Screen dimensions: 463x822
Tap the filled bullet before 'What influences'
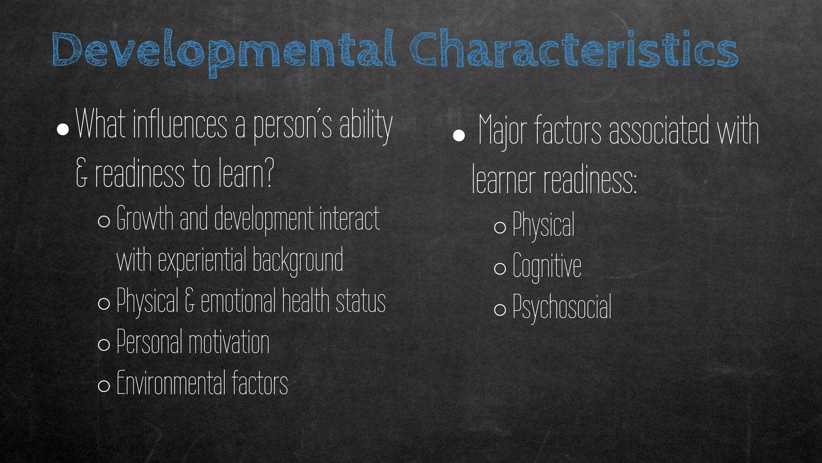[x=63, y=129]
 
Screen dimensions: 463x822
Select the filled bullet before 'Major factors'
[x=458, y=135]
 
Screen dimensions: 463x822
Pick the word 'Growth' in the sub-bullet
[x=145, y=219]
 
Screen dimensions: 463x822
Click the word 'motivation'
[x=229, y=342]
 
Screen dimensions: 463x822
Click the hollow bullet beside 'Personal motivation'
[x=104, y=344]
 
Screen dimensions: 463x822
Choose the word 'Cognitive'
[x=547, y=266]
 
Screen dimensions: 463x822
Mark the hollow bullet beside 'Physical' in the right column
[x=500, y=227]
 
